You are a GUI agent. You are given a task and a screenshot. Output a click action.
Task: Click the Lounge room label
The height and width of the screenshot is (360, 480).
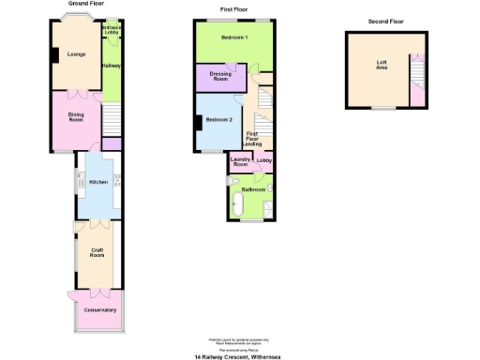click(x=77, y=54)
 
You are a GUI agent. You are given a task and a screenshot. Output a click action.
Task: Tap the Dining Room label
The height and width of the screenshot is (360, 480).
click(x=77, y=117)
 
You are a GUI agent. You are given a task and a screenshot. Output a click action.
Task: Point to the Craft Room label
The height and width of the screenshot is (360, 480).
click(x=97, y=253)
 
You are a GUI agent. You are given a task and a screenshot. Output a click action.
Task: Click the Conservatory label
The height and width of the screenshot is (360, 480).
click(x=99, y=309)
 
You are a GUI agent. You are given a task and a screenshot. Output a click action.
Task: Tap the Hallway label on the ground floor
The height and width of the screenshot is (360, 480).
click(x=112, y=66)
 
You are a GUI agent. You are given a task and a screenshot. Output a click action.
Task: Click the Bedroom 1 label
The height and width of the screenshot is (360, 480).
click(x=234, y=37)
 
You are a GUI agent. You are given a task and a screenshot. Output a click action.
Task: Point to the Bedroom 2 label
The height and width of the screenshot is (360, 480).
click(x=219, y=119)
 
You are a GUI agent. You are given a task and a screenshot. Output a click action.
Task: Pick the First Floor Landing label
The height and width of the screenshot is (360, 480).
click(x=253, y=140)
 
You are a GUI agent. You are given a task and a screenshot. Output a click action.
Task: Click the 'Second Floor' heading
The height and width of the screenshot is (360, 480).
click(x=384, y=21)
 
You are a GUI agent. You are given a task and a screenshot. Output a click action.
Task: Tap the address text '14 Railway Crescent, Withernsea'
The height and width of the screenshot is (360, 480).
click(x=239, y=356)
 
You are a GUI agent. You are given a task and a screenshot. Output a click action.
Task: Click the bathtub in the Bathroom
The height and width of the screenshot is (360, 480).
click(x=249, y=215)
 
